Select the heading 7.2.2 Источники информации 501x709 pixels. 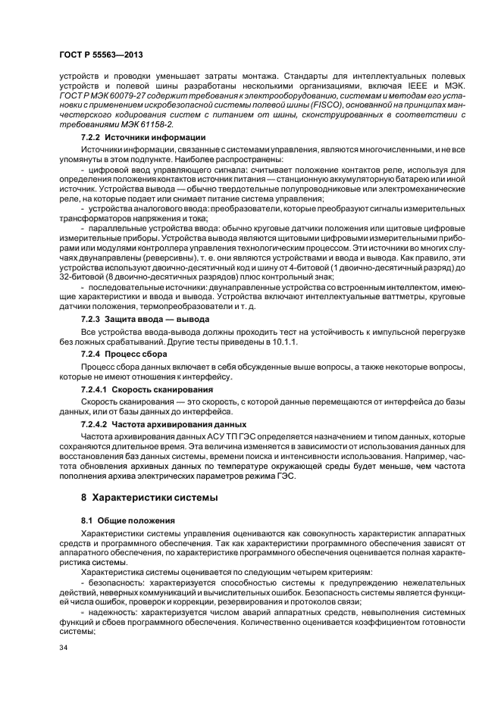pos(143,138)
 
